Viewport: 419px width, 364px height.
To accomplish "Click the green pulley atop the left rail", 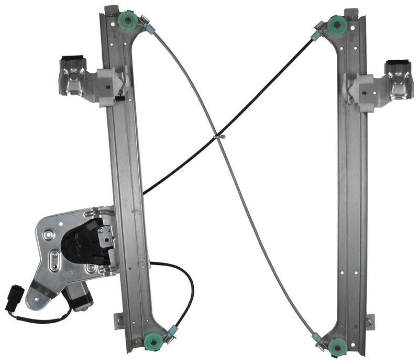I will pyautogui.click(x=129, y=20).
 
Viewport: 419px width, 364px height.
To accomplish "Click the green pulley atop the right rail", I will pyautogui.click(x=336, y=24).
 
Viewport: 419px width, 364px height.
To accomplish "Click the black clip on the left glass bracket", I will pyautogui.click(x=72, y=60).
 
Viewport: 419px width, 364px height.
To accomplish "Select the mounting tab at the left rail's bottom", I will pyautogui.click(x=119, y=320).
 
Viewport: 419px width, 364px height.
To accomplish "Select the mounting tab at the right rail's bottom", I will pyautogui.click(x=370, y=321).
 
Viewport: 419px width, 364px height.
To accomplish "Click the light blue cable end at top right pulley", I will pyautogui.click(x=316, y=36).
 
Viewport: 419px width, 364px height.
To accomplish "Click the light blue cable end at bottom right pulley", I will pyautogui.click(x=317, y=338).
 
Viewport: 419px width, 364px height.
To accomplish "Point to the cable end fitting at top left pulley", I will pyautogui.click(x=148, y=30).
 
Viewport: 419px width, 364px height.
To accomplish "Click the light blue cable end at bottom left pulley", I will pyautogui.click(x=171, y=331).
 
